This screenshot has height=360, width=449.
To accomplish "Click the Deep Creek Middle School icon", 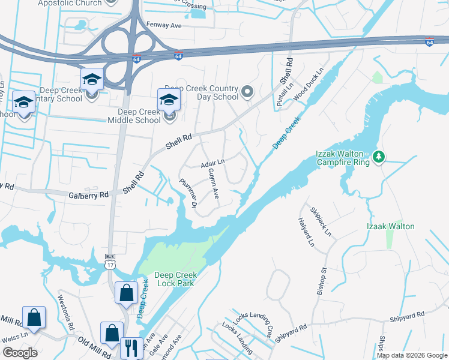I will pos(169,100).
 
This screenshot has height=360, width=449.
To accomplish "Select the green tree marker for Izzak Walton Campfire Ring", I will pos(378,157).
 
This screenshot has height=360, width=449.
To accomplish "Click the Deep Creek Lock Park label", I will pos(175,279).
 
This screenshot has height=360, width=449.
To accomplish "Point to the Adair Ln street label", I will pos(212,162).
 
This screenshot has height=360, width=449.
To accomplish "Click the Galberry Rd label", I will pos(88,194).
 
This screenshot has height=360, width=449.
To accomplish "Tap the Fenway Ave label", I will pos(164,26).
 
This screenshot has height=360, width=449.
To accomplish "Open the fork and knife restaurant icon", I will pos(130,347).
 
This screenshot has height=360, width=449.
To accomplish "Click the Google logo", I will pos(20,352).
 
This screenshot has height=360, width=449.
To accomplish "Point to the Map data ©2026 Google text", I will pos(411,355).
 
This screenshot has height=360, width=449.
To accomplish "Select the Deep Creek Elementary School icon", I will pos(92,79).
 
